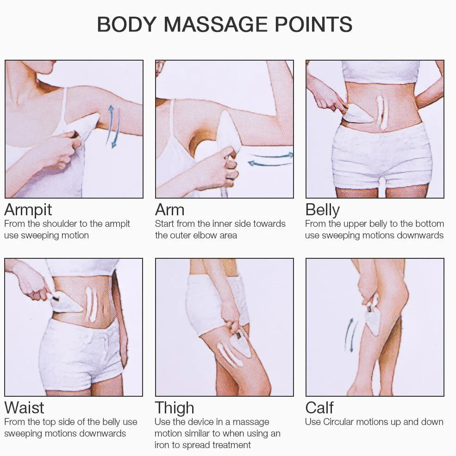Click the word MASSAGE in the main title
(x=215, y=25)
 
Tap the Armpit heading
(x=28, y=210)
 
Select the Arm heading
(x=170, y=210)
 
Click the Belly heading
(x=323, y=210)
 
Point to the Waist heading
(x=25, y=408)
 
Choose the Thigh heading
(x=175, y=408)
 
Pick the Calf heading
(x=319, y=408)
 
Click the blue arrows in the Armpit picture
(x=113, y=126)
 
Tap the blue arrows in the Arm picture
(x=270, y=159)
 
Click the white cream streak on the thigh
(x=230, y=355)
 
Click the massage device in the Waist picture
(x=65, y=303)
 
